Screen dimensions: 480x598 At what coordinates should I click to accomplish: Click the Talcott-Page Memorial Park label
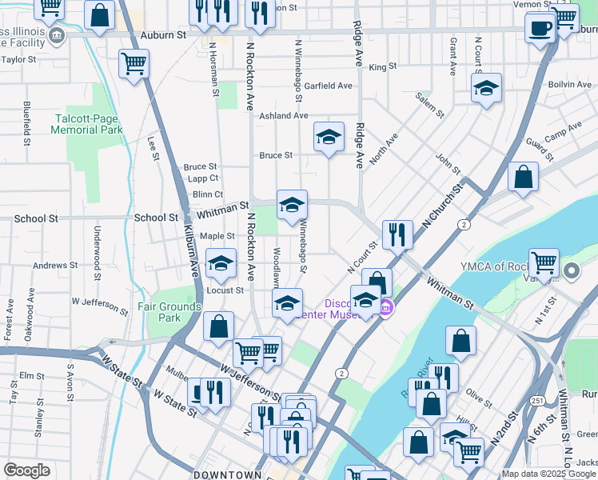pos(88,123)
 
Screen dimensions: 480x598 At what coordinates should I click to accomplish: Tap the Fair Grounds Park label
pos(169,312)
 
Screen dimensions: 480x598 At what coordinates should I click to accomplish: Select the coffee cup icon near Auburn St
pos(541,29)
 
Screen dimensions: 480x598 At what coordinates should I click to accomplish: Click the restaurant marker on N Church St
pos(397,234)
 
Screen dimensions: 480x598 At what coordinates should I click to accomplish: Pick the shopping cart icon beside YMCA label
pos(544,262)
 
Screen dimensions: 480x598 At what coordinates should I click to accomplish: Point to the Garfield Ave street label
pos(328,86)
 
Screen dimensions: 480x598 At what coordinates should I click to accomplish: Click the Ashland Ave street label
pos(283,116)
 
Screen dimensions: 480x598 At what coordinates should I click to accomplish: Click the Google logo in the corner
pos(26,470)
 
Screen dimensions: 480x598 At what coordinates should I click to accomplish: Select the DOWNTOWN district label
pos(227,474)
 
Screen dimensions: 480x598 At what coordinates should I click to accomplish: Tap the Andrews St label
pos(55,266)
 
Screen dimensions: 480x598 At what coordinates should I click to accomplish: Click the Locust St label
pos(225,290)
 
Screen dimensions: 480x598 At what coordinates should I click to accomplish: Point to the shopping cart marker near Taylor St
pos(134,64)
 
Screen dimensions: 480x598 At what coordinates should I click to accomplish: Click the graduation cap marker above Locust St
pos(221,262)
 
